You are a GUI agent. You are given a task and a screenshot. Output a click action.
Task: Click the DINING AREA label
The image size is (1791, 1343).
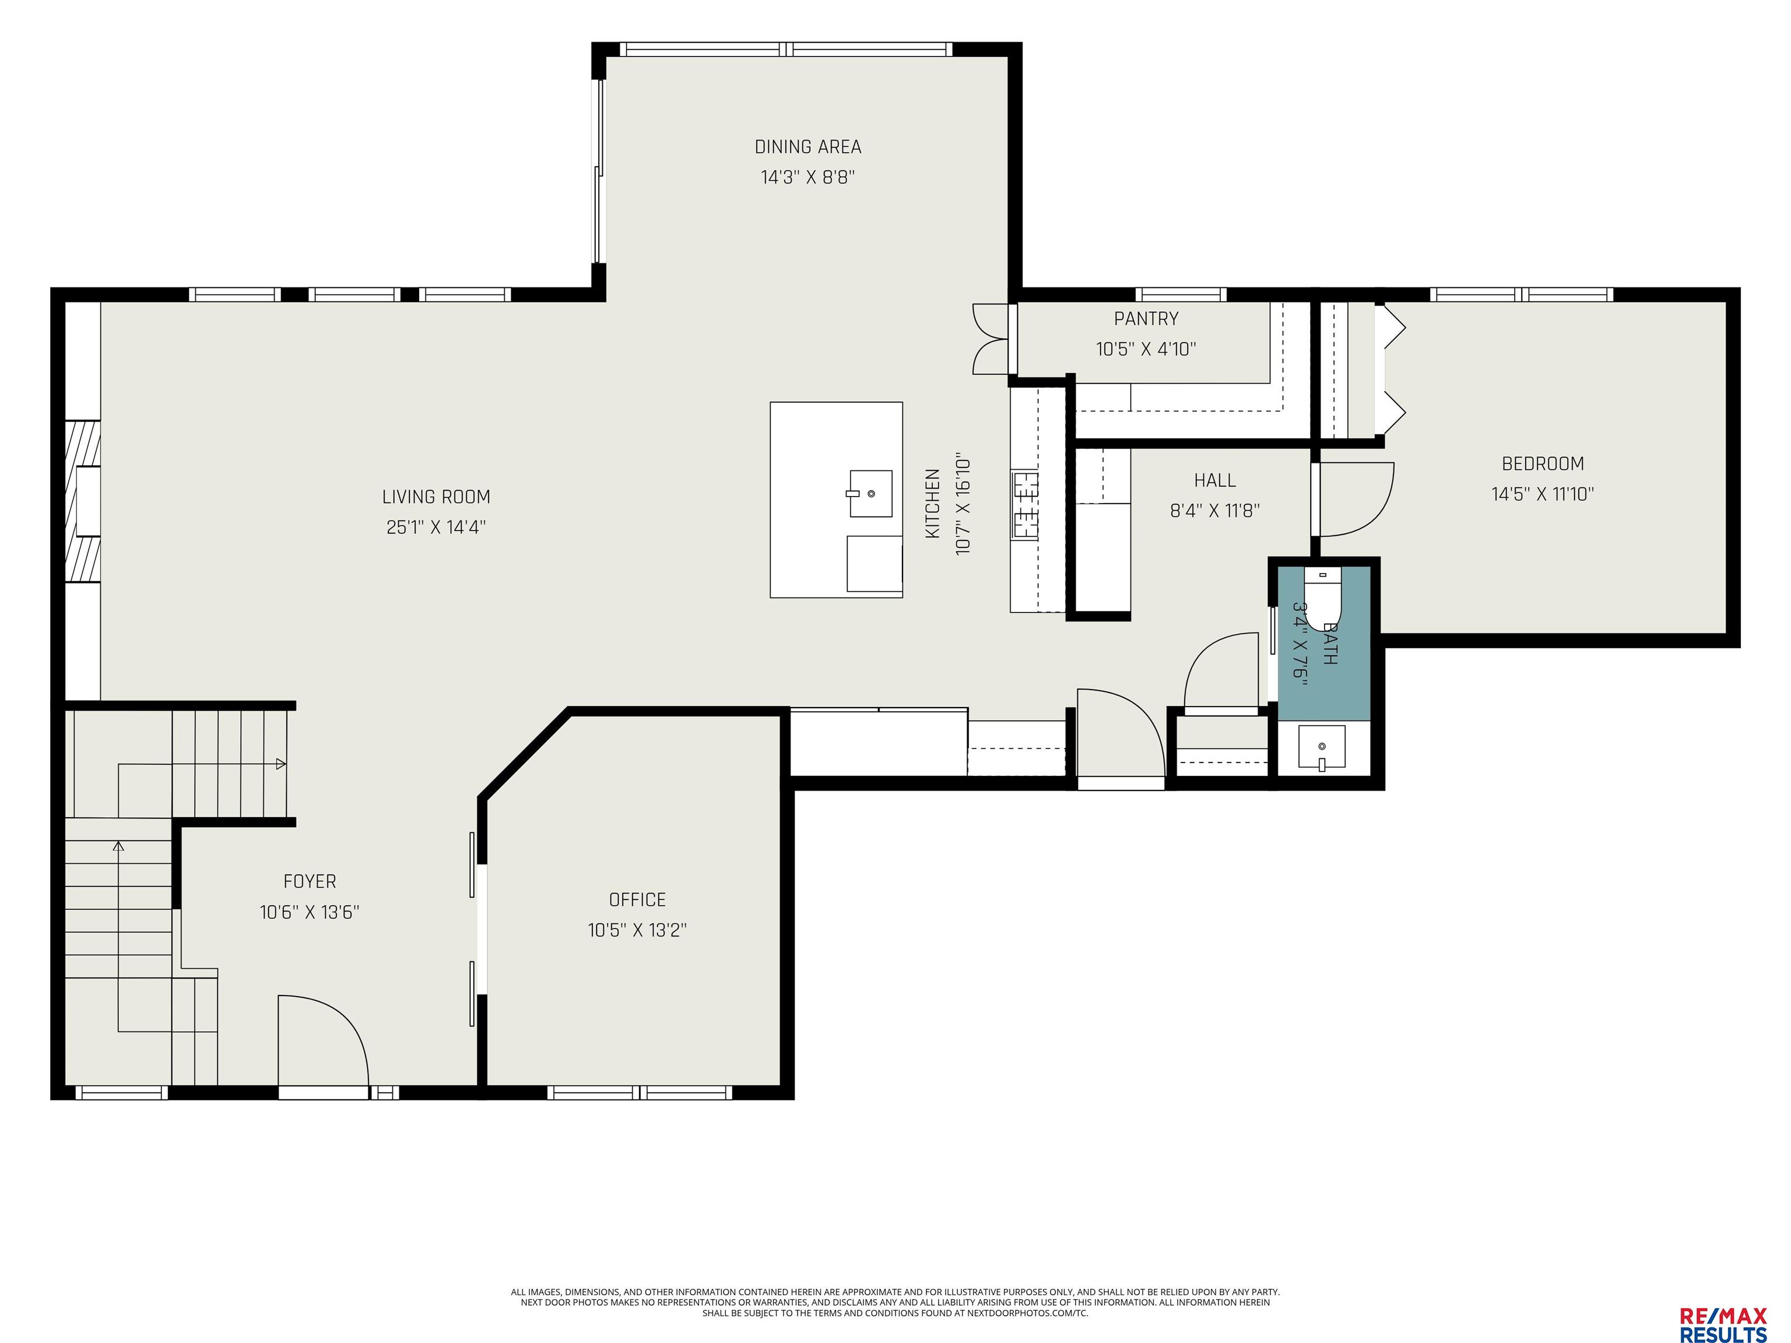pos(807,146)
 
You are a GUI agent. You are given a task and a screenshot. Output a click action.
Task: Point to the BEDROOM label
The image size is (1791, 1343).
pos(1543,464)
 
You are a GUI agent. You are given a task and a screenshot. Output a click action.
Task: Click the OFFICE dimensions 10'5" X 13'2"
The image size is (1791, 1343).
pos(637,930)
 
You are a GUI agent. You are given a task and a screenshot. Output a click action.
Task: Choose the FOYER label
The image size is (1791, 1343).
pos(310,881)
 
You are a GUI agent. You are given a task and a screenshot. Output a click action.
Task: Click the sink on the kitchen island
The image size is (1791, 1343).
pos(870,493)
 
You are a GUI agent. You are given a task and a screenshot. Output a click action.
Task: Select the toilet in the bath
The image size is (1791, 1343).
pos(1323,597)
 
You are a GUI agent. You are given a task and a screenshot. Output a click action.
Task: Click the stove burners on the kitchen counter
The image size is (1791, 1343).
pos(1025,505)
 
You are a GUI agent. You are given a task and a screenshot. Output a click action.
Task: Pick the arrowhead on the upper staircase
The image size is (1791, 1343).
pos(280,764)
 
